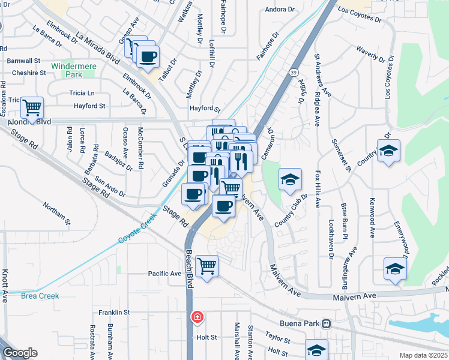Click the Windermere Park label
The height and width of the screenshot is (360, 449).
tap(83, 70)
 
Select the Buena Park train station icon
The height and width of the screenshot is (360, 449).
tap(326, 323)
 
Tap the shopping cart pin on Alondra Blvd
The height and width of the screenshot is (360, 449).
tap(32, 108)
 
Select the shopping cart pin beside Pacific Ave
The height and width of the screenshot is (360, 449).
tap(206, 265)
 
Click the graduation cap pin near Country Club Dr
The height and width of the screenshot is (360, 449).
tap(290, 179)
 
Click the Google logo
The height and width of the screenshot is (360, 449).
tap(20, 353)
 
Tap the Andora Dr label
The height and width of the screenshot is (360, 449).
tap(281, 10)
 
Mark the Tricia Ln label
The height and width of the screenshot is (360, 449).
tap(82, 93)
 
